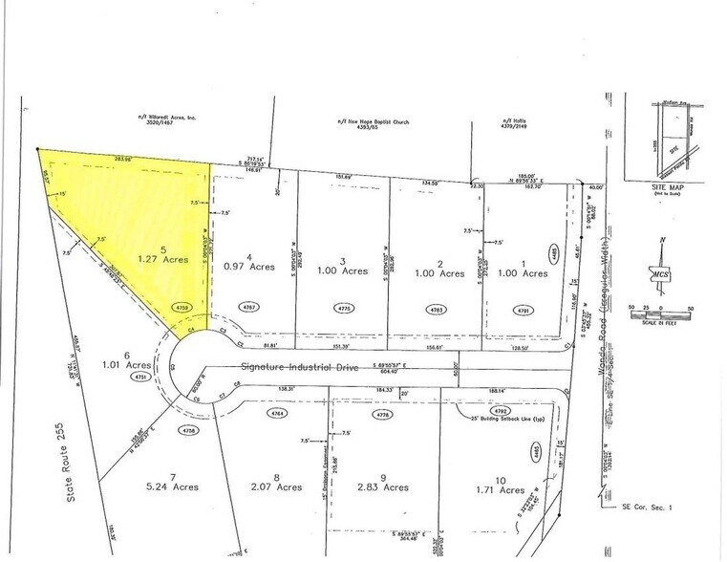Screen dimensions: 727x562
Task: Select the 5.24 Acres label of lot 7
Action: pos(177,486)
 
